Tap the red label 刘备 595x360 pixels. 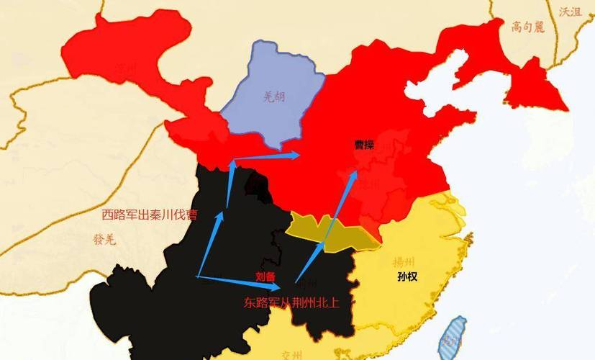click(265, 276)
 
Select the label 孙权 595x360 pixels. click(406, 276)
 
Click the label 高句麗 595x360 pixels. click(528, 27)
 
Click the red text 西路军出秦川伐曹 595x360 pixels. click(150, 215)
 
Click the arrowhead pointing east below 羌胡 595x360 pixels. click(294, 153)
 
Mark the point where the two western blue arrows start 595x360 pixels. click(197, 276)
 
